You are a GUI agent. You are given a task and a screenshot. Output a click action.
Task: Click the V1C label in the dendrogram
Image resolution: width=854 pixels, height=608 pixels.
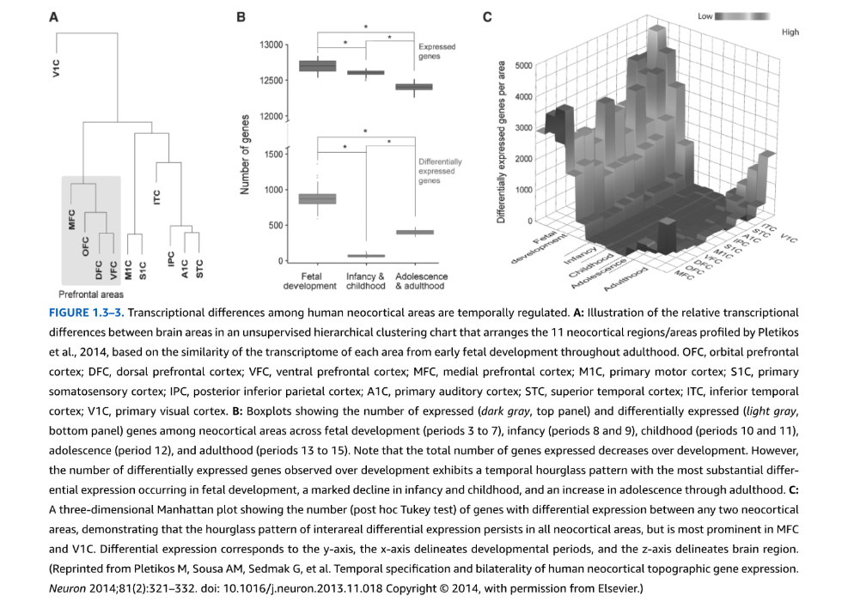tap(56, 68)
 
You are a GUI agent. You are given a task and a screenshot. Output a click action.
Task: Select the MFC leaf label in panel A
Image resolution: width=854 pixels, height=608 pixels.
tap(71, 220)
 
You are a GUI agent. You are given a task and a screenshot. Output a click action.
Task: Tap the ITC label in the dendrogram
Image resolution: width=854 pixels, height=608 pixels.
tap(157, 197)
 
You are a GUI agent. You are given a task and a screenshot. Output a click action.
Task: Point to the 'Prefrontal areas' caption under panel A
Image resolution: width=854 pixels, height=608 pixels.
tap(91, 295)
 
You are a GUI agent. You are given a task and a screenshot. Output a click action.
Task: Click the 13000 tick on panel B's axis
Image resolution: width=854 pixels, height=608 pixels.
tap(271, 45)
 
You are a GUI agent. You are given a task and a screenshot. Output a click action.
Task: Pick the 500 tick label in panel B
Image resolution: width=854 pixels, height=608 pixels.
tap(276, 225)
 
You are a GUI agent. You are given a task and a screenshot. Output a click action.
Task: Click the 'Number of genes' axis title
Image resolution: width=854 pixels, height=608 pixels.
tap(245, 155)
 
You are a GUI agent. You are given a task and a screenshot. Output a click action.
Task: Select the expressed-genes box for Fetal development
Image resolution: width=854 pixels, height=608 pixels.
tap(318, 66)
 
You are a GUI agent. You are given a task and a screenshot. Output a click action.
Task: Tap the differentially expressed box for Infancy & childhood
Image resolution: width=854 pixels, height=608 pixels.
tap(366, 255)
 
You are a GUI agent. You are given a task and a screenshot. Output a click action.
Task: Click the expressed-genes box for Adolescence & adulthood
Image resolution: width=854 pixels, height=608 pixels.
tap(414, 87)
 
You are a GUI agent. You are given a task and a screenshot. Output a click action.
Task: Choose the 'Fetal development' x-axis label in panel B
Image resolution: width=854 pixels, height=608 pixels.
tap(310, 281)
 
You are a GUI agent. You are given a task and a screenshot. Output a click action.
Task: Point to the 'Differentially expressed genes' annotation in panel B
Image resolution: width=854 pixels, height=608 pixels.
tap(440, 171)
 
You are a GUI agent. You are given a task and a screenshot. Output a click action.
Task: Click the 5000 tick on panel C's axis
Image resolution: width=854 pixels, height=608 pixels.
tap(523, 66)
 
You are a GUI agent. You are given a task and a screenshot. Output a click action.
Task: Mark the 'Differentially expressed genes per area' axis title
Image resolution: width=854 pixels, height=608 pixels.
tap(501, 142)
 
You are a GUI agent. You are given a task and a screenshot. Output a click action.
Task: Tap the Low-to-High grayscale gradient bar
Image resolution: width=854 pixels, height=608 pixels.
tap(741, 16)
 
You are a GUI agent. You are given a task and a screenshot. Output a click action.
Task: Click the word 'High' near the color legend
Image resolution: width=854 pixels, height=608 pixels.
tap(790, 32)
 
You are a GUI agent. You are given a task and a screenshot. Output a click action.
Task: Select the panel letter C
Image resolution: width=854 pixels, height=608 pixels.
tap(487, 17)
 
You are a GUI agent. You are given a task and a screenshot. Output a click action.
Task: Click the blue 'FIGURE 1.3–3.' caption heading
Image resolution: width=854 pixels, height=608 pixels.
tap(87, 313)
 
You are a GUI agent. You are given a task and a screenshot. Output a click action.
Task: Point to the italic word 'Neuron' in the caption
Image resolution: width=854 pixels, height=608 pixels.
tap(68, 588)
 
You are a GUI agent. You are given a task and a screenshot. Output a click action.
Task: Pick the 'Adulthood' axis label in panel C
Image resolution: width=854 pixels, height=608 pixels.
tap(625, 277)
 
